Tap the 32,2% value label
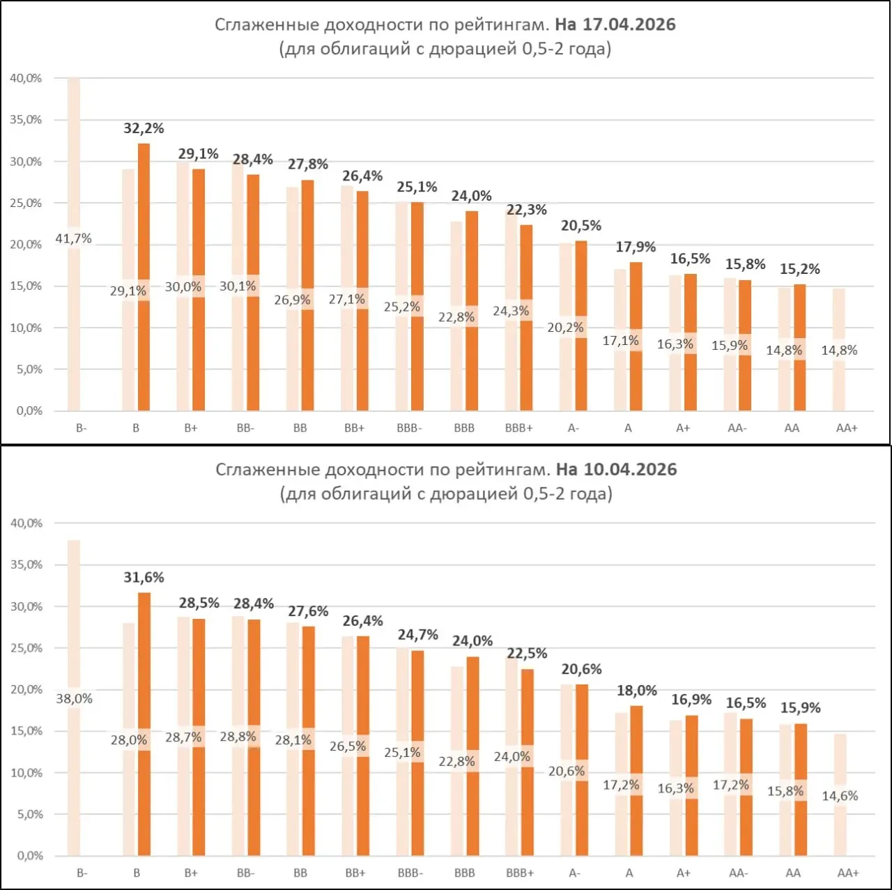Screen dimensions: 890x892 click(144, 128)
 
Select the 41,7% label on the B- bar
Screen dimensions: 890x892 click(73, 238)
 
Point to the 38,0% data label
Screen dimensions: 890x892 click(74, 698)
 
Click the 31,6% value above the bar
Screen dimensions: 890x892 click(144, 577)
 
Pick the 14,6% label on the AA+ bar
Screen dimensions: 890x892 click(840, 796)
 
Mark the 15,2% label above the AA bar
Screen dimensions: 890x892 click(800, 269)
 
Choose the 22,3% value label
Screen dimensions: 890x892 click(526, 210)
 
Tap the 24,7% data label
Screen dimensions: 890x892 click(418, 634)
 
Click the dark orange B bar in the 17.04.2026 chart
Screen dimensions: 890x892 click(144, 209)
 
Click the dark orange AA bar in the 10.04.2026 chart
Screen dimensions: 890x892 click(801, 829)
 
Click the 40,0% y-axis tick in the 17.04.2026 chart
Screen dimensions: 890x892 click(26, 78)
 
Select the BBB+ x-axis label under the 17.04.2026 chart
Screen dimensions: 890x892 click(519, 428)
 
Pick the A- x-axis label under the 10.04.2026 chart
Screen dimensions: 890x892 click(574, 873)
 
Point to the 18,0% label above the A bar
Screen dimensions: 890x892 click(636, 691)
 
